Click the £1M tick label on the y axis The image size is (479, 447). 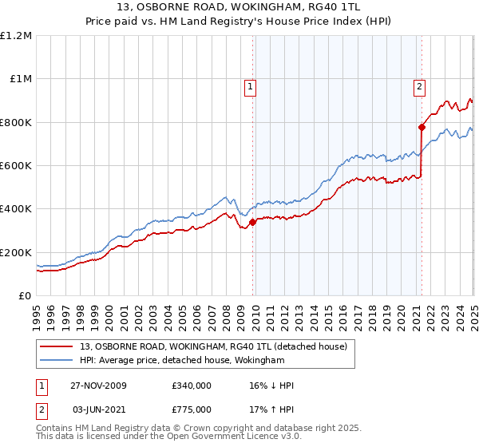point(20,79)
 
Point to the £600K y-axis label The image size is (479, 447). point(16,166)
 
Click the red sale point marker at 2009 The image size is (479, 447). point(253,222)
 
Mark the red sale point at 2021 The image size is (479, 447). point(422,127)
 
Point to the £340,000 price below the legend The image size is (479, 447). point(192,386)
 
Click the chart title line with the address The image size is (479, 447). point(239,9)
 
